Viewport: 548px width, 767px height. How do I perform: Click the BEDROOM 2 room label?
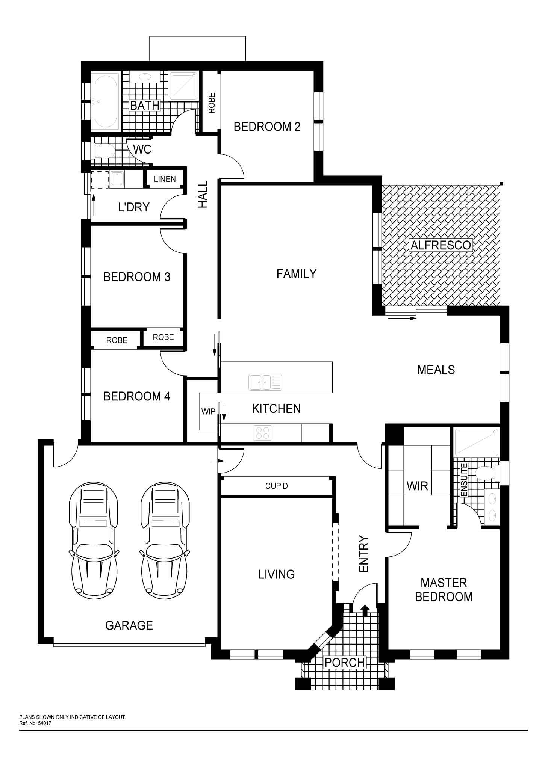(x=267, y=127)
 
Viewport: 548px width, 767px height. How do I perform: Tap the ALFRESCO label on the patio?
(x=441, y=245)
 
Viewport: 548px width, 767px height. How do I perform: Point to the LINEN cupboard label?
(x=165, y=179)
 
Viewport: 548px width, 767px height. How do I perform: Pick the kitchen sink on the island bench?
(x=265, y=382)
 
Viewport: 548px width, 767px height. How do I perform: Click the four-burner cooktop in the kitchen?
(x=263, y=432)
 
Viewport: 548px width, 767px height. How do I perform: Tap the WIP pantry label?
(x=208, y=411)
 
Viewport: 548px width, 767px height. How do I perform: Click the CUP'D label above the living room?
(x=276, y=486)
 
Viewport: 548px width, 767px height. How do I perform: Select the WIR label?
(x=417, y=486)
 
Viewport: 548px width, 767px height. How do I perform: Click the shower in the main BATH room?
(x=184, y=86)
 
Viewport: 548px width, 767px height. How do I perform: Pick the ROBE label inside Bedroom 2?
(x=212, y=103)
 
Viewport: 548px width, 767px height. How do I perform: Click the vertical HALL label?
(x=203, y=194)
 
